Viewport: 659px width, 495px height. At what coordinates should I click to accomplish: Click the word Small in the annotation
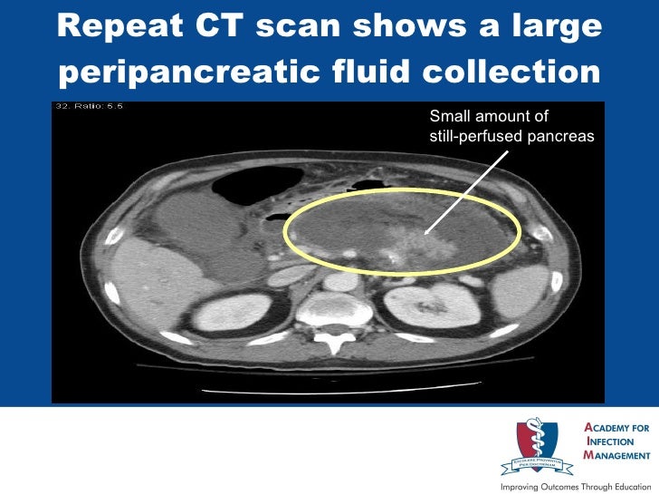(x=447, y=116)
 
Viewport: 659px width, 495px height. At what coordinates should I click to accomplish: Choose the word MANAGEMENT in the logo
(x=618, y=456)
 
